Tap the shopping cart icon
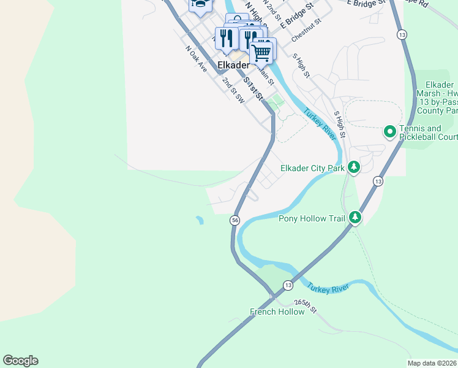coord(262,52)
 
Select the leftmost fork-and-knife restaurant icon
coord(226,39)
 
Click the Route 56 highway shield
coord(235,220)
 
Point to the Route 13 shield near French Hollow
coord(288,285)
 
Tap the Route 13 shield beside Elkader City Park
coord(378,182)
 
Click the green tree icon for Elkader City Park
coord(353,167)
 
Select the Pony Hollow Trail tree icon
coord(355,218)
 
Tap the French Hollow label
coord(277,312)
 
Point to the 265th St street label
coord(305,306)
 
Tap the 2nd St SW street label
coord(233,89)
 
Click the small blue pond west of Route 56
coord(200,220)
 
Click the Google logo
coord(20,361)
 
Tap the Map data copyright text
coord(432,363)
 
